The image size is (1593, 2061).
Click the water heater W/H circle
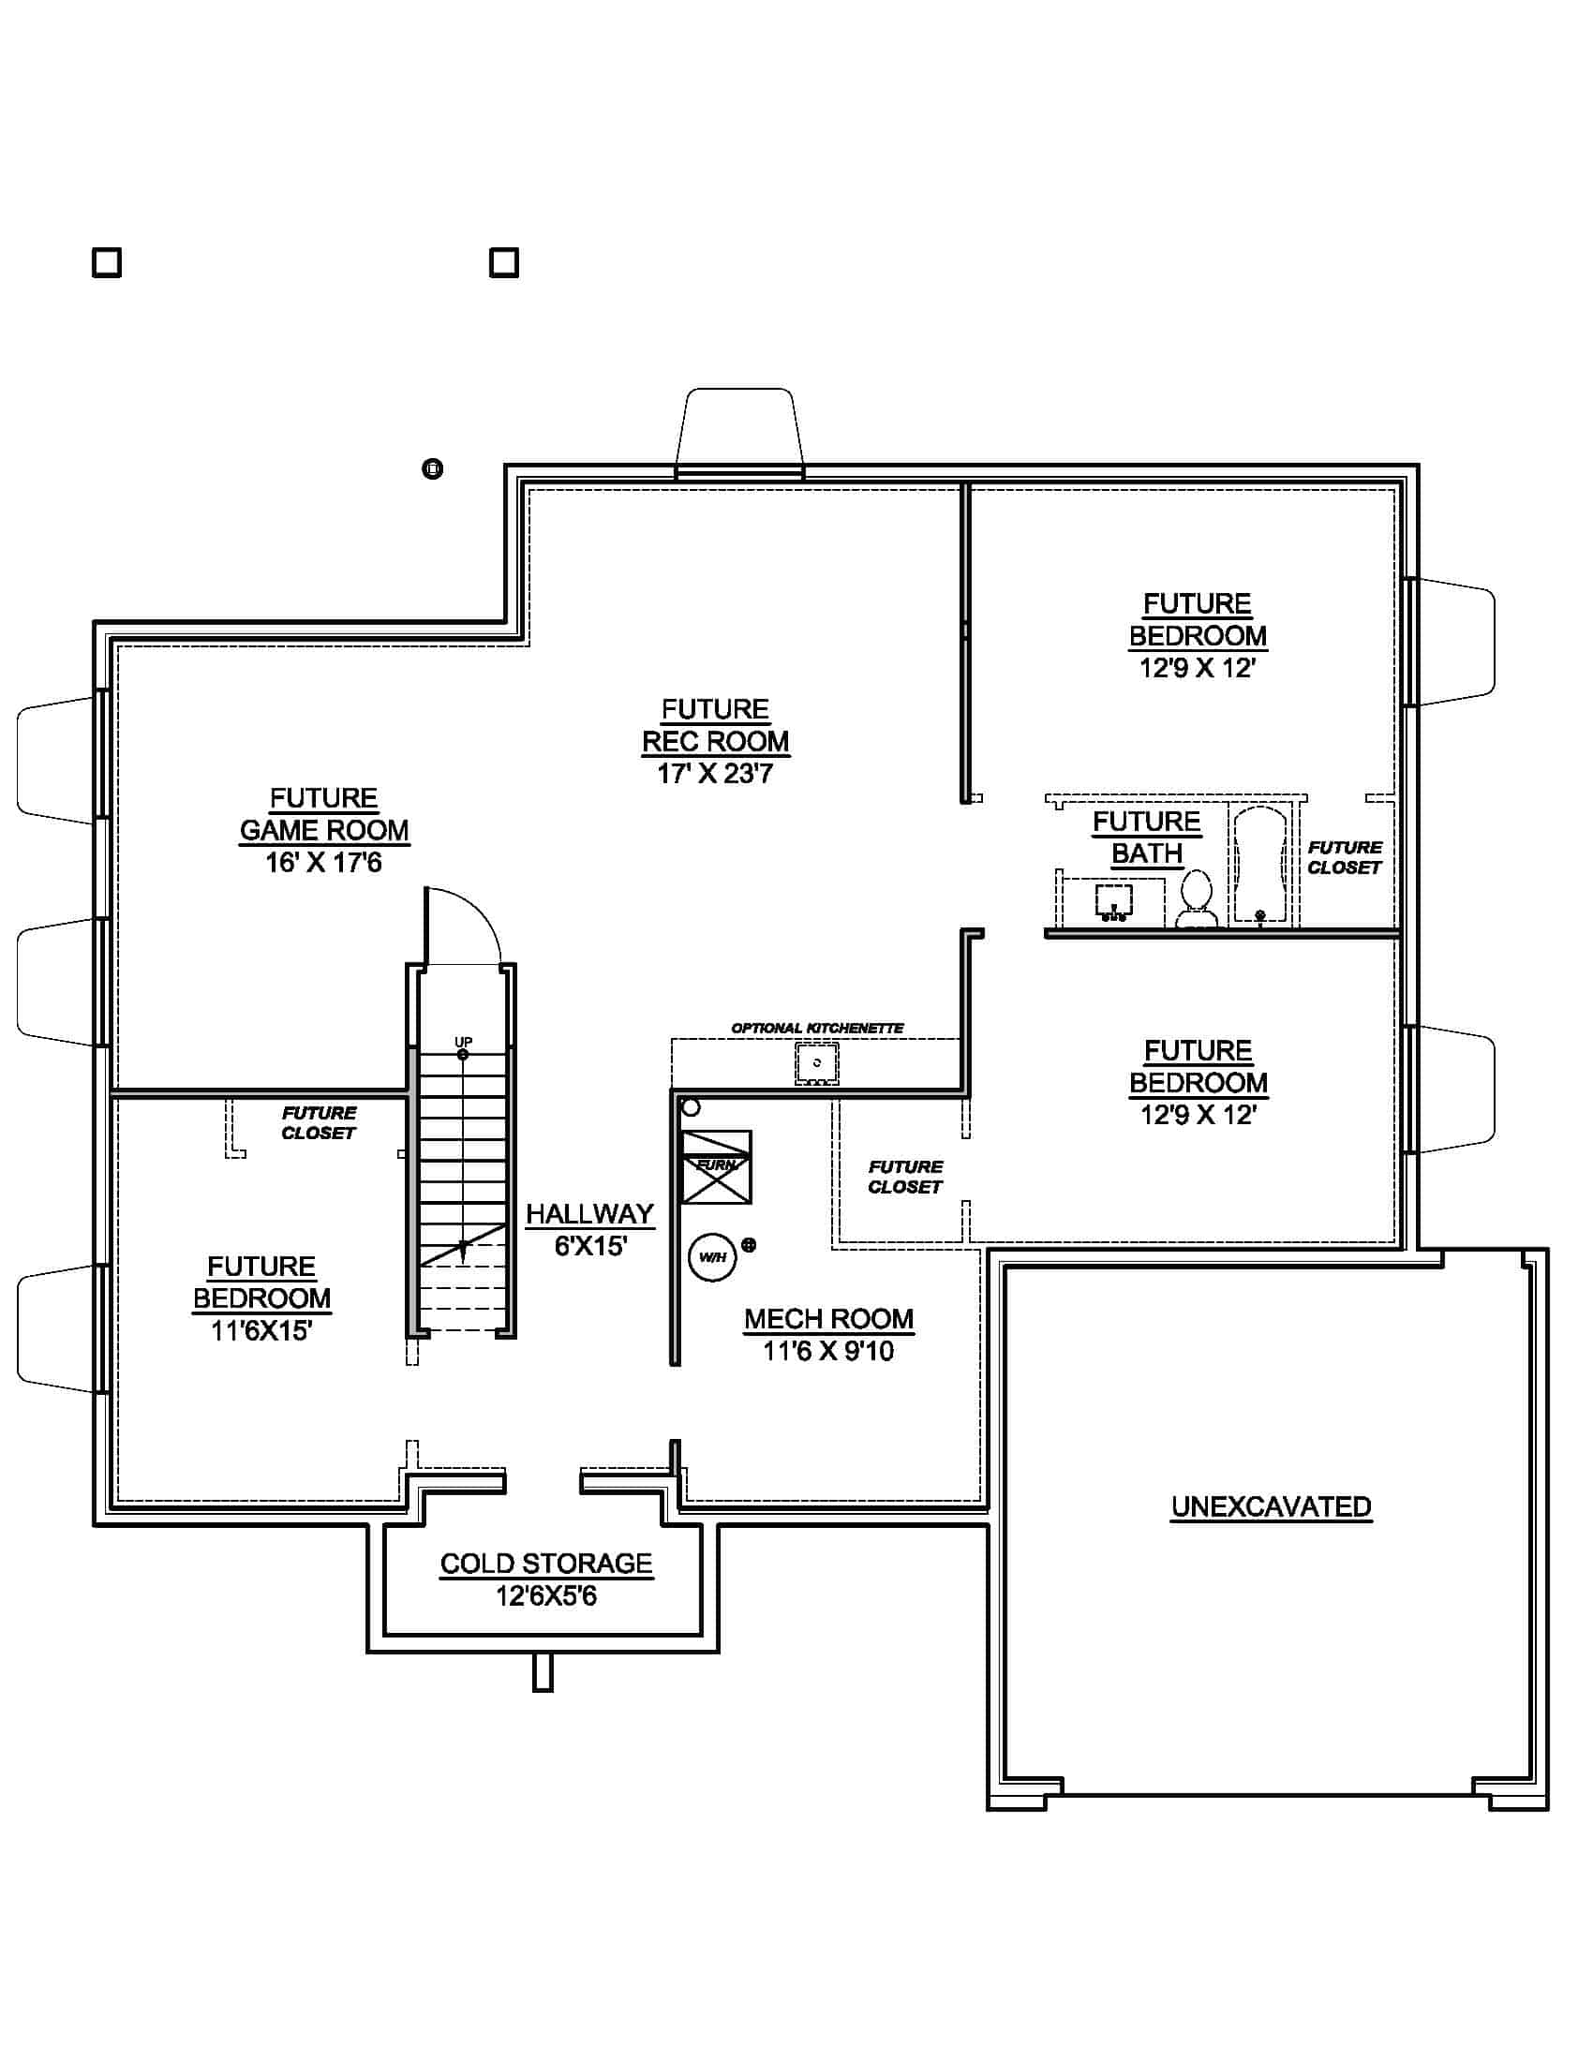(711, 1257)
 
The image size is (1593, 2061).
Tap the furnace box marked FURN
(716, 1166)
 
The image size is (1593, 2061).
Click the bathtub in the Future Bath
(1259, 865)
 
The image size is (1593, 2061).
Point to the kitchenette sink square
(816, 1062)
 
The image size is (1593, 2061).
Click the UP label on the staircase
(463, 1042)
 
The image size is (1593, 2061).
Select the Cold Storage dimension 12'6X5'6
(545, 1595)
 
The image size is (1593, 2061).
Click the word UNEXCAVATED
(1271, 1506)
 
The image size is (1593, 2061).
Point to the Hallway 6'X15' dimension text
(589, 1247)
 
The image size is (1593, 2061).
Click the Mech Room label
(828, 1318)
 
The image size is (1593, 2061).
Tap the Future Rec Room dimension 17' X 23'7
(714, 774)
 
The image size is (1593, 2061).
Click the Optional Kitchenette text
(817, 1028)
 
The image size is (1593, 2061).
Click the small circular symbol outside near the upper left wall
(432, 469)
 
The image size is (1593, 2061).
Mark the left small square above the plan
(107, 262)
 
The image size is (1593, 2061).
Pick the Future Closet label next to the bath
(1344, 857)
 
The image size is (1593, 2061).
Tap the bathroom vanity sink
(1113, 901)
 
